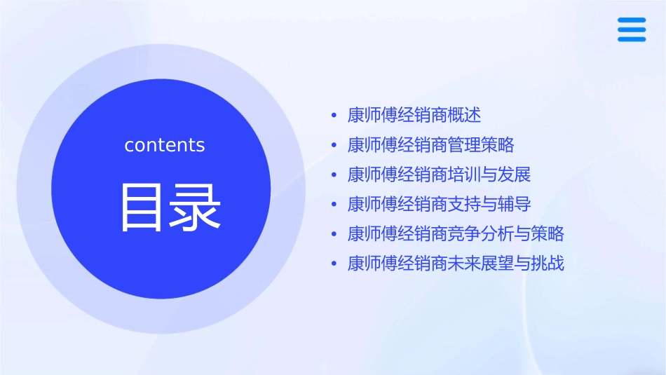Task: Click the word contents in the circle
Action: point(165,145)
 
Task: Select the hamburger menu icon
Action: point(632,29)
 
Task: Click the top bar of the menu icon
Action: point(632,20)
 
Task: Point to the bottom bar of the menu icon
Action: point(632,39)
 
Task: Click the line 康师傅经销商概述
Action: point(414,115)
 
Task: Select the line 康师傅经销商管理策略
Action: point(430,145)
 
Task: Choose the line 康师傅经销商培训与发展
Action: point(439,175)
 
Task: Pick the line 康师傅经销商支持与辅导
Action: point(439,205)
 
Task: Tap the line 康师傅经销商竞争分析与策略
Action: point(456,234)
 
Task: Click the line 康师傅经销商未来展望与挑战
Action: point(456,264)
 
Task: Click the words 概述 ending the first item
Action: point(465,115)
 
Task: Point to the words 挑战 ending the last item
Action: point(548,264)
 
